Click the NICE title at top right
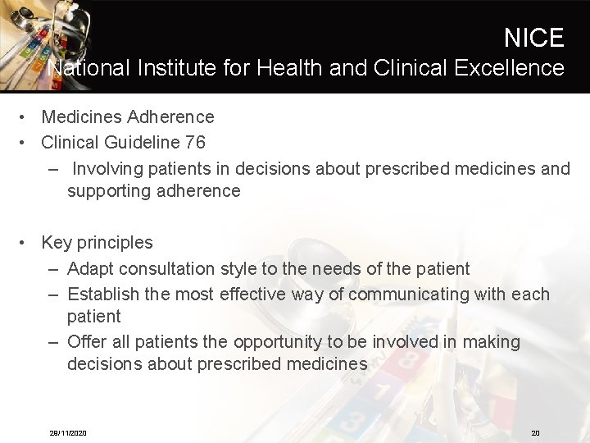[533, 38]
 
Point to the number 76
[195, 142]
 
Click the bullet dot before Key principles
[27, 242]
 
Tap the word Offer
[85, 341]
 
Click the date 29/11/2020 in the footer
[68, 433]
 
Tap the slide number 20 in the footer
[535, 433]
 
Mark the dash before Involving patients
[53, 169]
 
